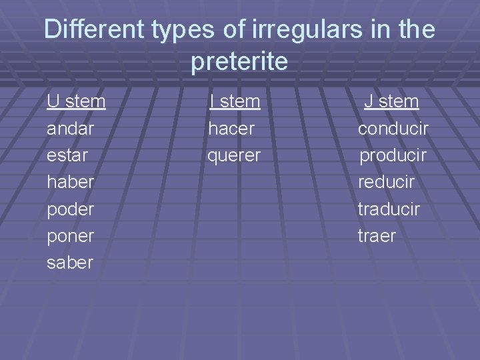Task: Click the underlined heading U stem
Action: click(x=76, y=101)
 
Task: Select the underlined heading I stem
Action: click(x=234, y=101)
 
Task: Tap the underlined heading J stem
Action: click(x=391, y=101)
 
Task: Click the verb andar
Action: click(x=70, y=128)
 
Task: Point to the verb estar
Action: click(x=68, y=155)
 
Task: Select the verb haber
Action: click(x=70, y=182)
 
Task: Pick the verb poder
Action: click(x=70, y=209)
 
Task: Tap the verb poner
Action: click(x=70, y=236)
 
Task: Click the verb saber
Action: click(x=70, y=263)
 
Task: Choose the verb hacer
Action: click(x=231, y=128)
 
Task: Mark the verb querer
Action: click(x=234, y=155)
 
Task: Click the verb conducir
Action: click(x=393, y=128)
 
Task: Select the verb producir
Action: click(x=393, y=155)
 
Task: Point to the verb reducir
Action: click(x=386, y=182)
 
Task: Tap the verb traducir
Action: click(x=389, y=209)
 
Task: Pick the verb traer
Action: click(x=377, y=236)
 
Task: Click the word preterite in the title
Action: click(x=239, y=61)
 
